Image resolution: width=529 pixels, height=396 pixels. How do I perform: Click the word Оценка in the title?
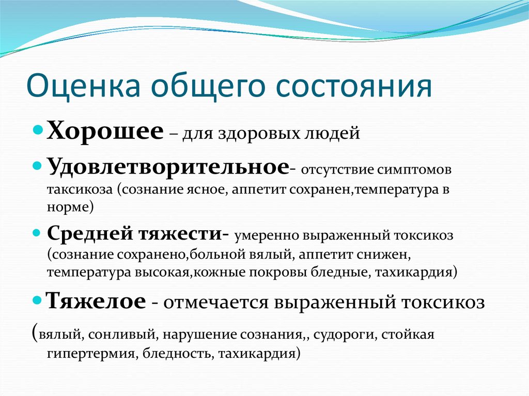(83, 86)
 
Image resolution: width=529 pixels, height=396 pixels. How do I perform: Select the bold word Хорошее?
(105, 130)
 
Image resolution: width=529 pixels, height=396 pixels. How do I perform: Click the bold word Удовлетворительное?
(168, 166)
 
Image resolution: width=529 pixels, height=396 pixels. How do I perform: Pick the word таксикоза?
(80, 189)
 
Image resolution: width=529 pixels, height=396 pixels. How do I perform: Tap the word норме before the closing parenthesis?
(68, 207)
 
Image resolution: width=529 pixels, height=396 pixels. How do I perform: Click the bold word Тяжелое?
(96, 300)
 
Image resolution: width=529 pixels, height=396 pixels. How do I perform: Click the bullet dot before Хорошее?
(38, 130)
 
